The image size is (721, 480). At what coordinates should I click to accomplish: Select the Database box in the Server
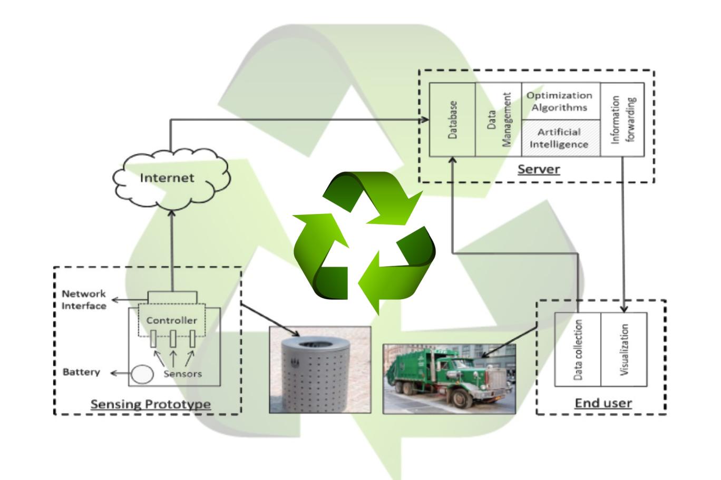pos(452,120)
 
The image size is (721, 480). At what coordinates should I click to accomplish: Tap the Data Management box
pos(498,120)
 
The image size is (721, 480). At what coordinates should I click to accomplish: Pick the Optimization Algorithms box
pos(560,101)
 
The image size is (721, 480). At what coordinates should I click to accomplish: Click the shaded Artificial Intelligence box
pos(560,138)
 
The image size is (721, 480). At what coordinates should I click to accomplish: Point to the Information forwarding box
pos(622,120)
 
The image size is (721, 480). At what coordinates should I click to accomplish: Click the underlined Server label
pos(538,170)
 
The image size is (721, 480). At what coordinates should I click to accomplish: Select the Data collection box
pos(578,350)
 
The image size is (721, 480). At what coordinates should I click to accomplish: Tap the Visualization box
pos(624,350)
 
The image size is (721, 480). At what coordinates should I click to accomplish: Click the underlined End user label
pos(603,404)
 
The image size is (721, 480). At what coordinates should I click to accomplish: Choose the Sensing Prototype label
pos(151,405)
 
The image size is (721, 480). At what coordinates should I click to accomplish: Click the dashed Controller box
pos(172,320)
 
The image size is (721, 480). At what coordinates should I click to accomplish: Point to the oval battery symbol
pos(142,374)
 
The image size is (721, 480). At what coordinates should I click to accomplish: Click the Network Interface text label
pos(84,300)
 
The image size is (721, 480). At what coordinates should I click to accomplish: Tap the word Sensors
pos(182,374)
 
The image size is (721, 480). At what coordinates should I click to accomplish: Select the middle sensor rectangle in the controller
pos(172,338)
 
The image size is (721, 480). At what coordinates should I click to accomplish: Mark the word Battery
pos(81,372)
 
